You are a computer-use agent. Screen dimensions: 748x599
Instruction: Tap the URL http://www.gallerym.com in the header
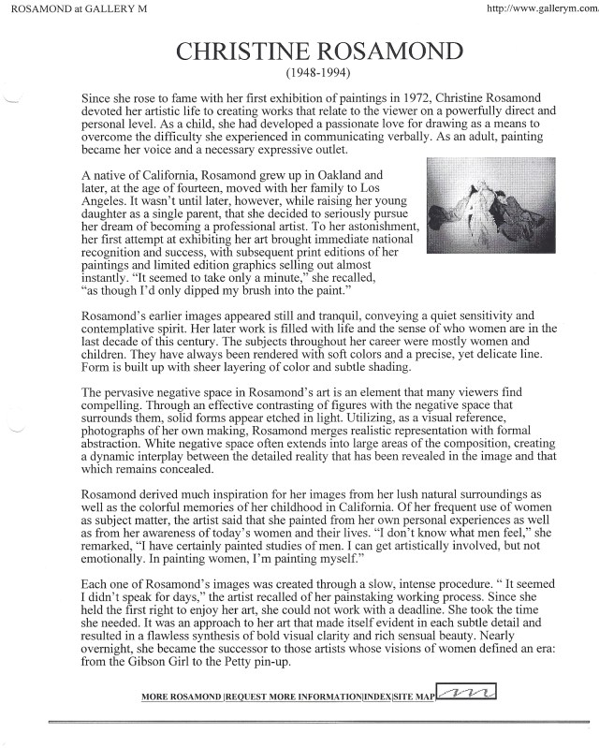(x=541, y=8)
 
